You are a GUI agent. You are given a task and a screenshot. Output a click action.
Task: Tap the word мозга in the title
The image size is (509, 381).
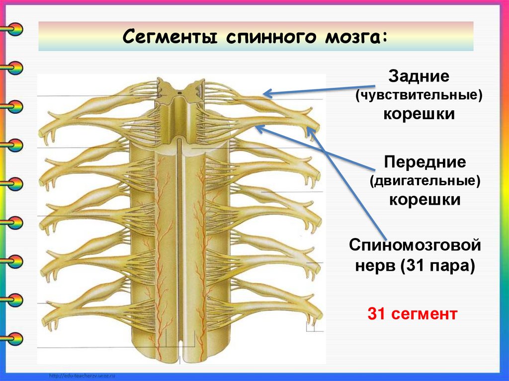[x=354, y=37]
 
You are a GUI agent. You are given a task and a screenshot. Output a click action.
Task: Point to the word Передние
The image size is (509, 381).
[x=424, y=162]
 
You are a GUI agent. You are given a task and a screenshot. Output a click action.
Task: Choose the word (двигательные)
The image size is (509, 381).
[x=424, y=181]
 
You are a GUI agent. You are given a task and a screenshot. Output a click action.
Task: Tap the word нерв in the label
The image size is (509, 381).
[x=374, y=265]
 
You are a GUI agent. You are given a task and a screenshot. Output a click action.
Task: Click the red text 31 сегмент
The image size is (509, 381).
[x=412, y=313]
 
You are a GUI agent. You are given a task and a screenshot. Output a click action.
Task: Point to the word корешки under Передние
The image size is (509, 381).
[x=424, y=200]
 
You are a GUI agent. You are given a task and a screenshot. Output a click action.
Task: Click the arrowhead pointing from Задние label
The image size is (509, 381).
[x=266, y=93]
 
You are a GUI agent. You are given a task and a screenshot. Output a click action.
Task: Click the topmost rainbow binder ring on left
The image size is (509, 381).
[x=15, y=28]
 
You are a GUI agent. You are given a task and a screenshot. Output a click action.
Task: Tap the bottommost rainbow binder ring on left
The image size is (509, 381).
[x=15, y=338]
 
